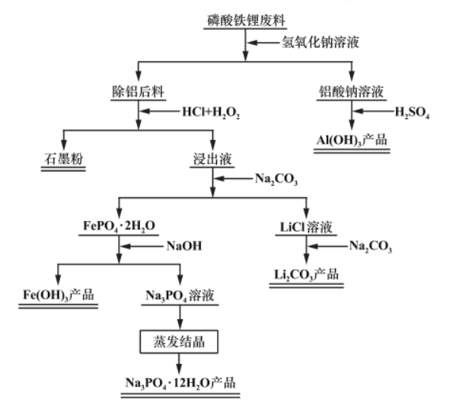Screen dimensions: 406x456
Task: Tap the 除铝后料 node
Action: pyautogui.click(x=138, y=92)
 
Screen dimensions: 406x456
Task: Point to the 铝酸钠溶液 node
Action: pyautogui.click(x=352, y=92)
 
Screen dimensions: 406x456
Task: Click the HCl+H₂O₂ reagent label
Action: pyautogui.click(x=211, y=113)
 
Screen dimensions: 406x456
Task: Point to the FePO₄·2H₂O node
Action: pyautogui.click(x=118, y=225)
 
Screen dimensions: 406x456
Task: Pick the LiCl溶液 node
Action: pyautogui.click(x=306, y=225)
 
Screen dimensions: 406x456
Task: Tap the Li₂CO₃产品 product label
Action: pyautogui.click(x=307, y=273)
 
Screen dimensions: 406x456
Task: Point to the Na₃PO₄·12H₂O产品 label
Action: pyautogui.click(x=181, y=382)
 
